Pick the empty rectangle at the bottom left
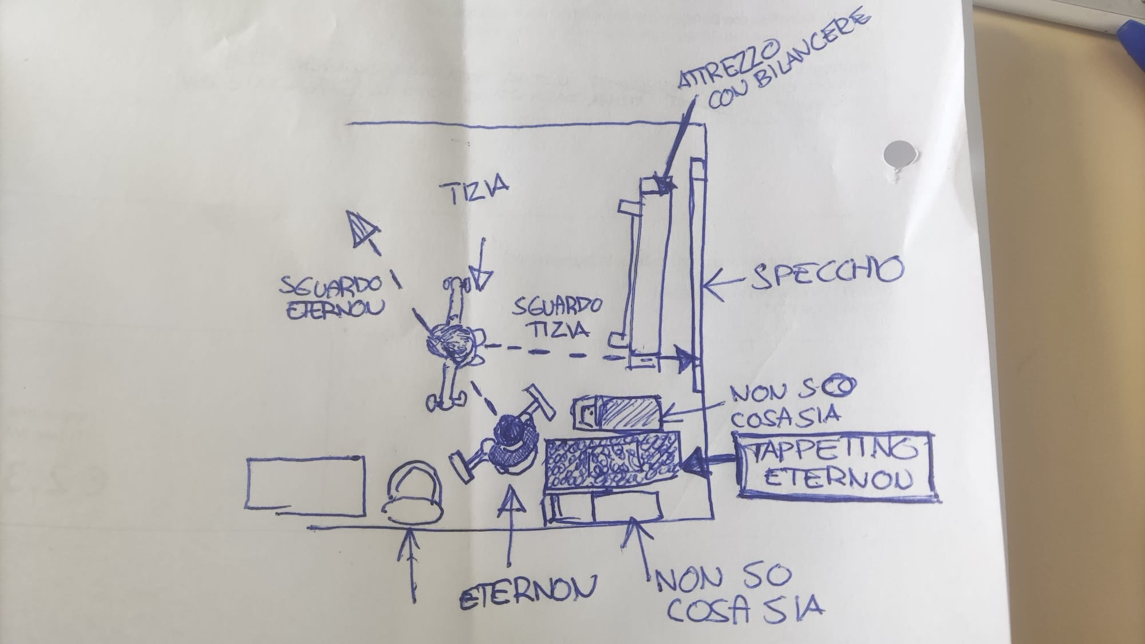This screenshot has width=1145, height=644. (306, 482)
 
